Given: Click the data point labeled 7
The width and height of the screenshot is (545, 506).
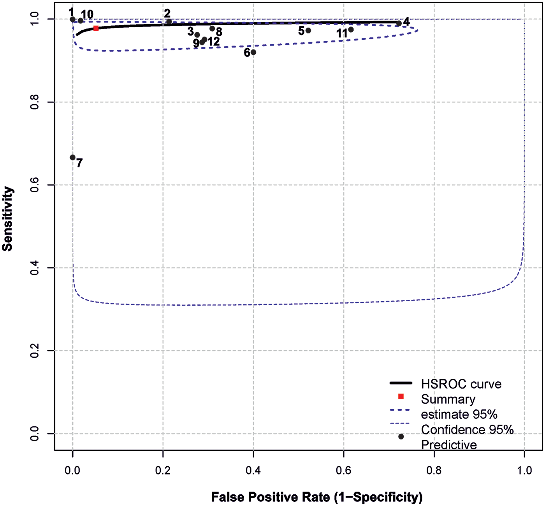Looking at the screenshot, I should click(72, 157).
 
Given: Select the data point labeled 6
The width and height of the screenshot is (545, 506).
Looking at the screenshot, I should click(253, 52).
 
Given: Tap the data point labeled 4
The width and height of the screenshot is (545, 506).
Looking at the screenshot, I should click(399, 23).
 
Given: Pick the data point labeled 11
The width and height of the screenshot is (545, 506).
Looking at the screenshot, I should click(351, 30).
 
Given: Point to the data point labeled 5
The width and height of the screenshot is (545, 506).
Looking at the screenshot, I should click(308, 30).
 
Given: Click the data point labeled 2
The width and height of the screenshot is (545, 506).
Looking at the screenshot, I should click(169, 22).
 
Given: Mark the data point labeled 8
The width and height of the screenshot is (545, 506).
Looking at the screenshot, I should click(212, 28).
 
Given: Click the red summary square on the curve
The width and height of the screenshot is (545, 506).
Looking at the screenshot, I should click(96, 28).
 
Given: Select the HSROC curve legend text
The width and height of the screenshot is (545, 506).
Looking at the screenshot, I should click(461, 384).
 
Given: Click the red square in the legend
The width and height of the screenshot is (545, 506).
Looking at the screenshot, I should click(401, 397).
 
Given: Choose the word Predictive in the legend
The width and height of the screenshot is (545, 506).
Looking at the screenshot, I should click(448, 445).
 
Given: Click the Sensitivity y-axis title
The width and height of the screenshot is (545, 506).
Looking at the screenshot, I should click(7, 219).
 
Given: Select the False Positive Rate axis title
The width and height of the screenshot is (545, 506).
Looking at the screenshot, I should click(316, 497).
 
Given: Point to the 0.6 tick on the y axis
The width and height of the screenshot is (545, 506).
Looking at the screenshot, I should click(35, 185).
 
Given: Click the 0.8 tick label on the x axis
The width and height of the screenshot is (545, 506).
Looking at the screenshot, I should click(434, 470).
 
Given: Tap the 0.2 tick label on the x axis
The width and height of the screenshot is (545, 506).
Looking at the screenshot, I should click(163, 470).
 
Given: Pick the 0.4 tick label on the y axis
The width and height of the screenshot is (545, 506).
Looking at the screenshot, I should click(35, 268).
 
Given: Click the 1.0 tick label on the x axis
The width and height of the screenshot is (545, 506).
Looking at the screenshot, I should click(524, 470).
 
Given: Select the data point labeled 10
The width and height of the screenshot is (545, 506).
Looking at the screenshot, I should click(81, 21).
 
